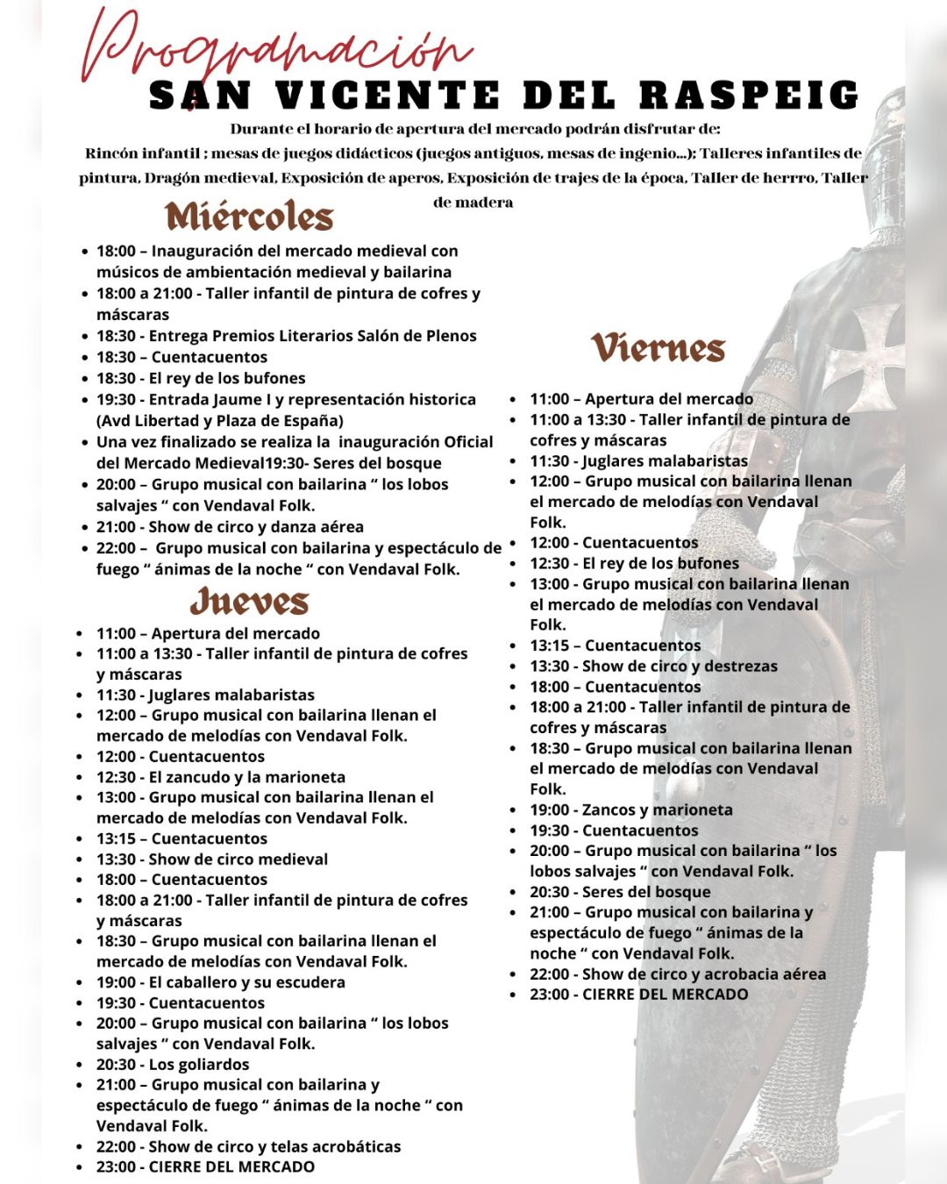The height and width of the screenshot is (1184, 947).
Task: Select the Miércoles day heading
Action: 250,217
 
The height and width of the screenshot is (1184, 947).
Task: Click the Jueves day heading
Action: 250,602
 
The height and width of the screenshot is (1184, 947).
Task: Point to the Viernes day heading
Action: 659,347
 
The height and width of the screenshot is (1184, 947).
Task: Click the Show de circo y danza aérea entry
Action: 255,527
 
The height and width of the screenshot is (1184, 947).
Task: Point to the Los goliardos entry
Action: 199,1065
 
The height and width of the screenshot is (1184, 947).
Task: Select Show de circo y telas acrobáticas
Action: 274,1146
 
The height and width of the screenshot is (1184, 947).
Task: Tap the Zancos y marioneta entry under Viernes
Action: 657,810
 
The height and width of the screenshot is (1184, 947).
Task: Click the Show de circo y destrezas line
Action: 680,667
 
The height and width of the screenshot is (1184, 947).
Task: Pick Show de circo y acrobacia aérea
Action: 704,974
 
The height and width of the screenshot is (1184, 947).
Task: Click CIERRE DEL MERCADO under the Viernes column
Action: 665,995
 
